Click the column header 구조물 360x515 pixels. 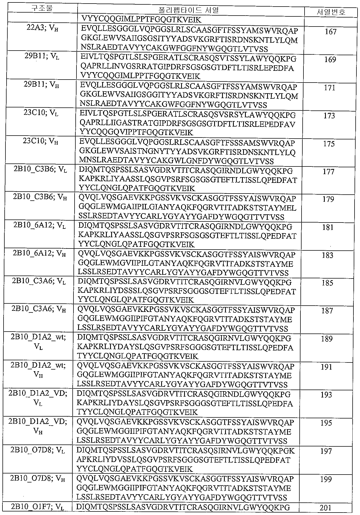[42, 8]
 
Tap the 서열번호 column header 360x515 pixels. [331, 12]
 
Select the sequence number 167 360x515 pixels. [331, 32]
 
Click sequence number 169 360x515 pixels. [330, 60]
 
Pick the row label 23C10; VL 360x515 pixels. [41, 113]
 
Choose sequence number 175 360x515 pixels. [329, 144]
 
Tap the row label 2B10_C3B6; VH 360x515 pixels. [40, 197]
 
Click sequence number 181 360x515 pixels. [328, 227]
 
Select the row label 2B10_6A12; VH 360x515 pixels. [39, 253]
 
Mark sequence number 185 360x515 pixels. [327, 283]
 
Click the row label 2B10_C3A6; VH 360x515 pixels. [39, 309]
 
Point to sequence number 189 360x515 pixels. [327, 339]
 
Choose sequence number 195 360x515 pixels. [326, 423]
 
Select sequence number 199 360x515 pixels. [326, 479]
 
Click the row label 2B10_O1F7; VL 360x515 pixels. [37, 507]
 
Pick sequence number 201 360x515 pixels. [325, 508]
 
